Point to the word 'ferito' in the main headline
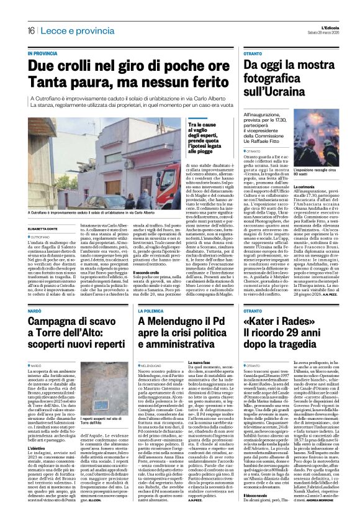pos(198,81)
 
